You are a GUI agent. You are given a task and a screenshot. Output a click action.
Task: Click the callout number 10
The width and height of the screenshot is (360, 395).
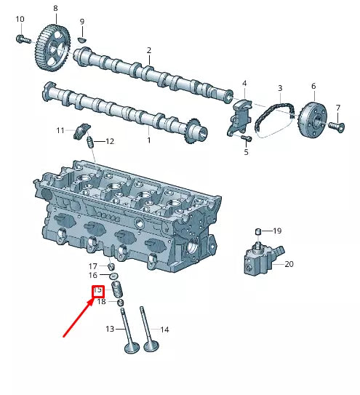[x=20, y=19]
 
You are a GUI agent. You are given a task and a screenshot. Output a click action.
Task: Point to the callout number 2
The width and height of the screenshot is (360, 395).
[x=149, y=51]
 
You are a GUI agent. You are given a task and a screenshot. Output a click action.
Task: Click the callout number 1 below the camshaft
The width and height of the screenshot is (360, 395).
[x=149, y=140]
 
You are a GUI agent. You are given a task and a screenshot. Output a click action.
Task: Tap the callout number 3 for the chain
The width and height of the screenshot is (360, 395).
[x=279, y=88]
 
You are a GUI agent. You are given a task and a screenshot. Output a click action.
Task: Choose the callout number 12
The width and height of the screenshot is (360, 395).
[x=110, y=141]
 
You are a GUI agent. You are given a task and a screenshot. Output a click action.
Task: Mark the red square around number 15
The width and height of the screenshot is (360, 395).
[x=97, y=292]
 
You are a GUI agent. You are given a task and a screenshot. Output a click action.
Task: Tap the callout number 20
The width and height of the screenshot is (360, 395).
[x=289, y=264]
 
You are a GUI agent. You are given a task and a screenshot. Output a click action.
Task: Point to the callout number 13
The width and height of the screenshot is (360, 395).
[x=110, y=330]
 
